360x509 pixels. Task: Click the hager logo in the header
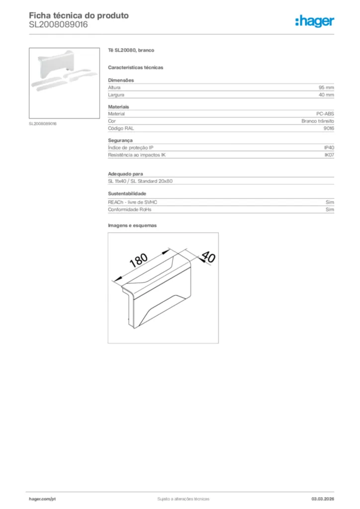314,21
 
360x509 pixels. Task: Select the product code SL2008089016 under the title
58,24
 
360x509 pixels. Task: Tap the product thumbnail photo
64,83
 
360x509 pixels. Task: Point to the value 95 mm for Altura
326,87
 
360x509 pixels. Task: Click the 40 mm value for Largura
326,94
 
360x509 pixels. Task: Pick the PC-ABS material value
325,114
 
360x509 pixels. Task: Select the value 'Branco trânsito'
317,121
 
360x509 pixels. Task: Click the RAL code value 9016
329,128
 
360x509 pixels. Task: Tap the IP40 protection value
329,148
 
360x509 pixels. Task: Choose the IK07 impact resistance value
329,155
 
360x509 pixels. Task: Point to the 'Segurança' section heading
120,140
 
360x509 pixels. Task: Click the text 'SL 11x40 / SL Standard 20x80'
140,181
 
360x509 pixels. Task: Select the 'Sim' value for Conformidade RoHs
330,209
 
